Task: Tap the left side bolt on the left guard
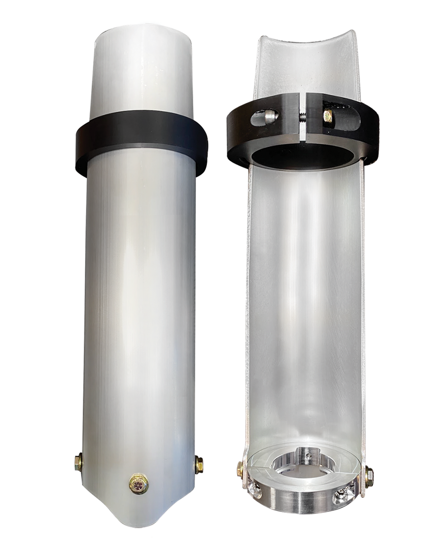pos(79,463)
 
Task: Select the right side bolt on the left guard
pos(199,464)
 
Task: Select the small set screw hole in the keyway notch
pos(309,455)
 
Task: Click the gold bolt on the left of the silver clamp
pos(240,469)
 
